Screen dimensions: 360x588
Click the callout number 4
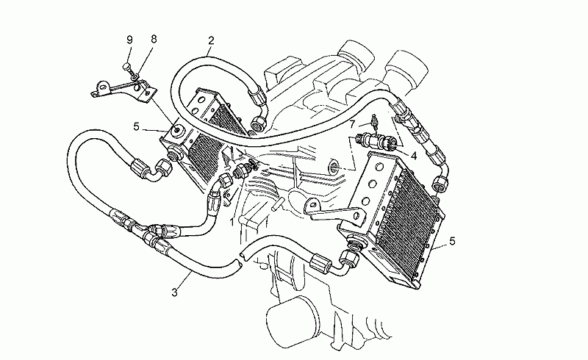tap(414, 155)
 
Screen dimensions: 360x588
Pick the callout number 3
tap(173, 293)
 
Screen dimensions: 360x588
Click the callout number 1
tap(232, 220)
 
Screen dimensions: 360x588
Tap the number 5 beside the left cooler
tap(136, 127)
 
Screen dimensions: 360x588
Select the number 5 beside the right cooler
tap(452, 241)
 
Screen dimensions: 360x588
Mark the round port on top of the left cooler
tap(176, 132)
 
